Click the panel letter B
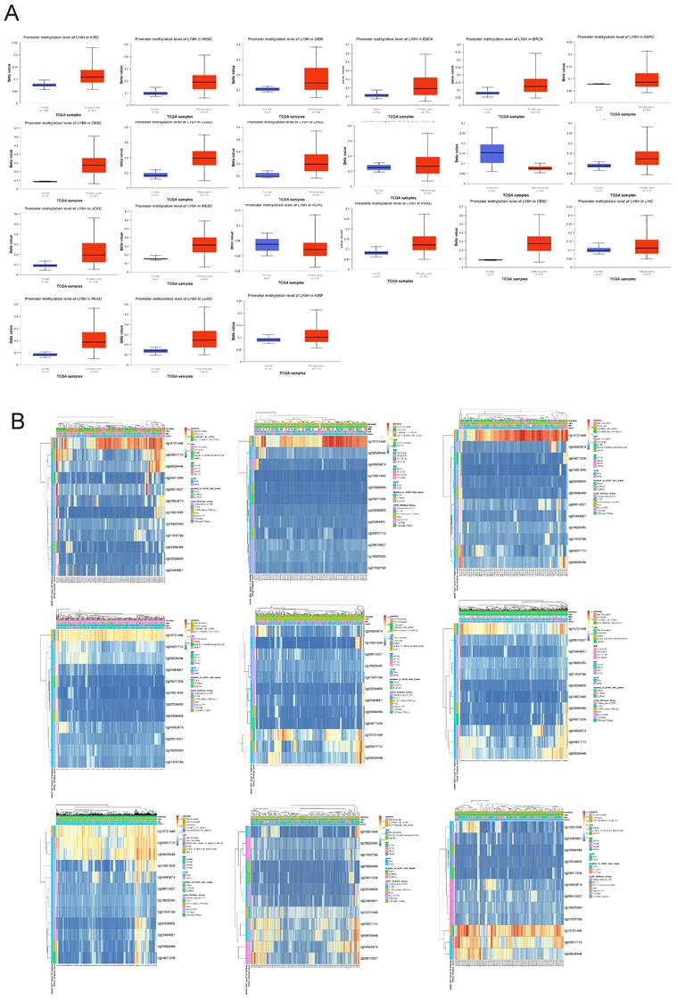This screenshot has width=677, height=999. click(12, 416)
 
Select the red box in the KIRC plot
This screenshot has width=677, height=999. click(93, 76)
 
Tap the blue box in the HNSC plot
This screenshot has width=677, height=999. click(155, 93)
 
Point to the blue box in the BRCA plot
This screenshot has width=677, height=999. click(488, 93)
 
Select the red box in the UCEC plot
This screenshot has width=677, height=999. click(93, 251)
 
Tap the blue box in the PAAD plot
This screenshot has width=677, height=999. click(45, 354)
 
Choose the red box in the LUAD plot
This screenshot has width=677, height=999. click(204, 339)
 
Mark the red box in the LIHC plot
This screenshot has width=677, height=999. click(647, 245)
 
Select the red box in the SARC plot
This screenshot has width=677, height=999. click(648, 79)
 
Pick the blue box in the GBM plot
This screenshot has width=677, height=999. click(267, 88)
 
